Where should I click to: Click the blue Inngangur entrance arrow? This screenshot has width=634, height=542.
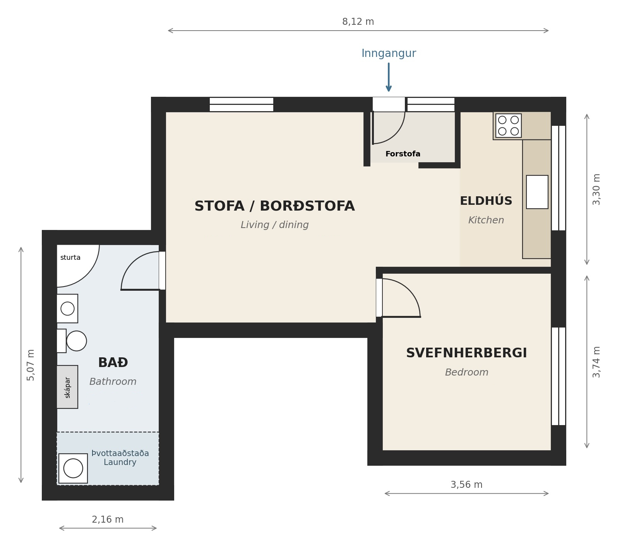click(x=389, y=77)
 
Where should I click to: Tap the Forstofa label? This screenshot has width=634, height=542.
click(x=403, y=154)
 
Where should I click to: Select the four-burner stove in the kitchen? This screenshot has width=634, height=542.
click(x=508, y=125)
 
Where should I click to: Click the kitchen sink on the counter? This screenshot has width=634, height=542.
click(x=537, y=192)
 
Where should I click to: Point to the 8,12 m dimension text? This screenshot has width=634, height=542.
click(x=358, y=22)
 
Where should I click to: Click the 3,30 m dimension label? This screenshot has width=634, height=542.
click(x=596, y=189)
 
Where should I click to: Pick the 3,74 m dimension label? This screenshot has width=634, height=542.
click(x=596, y=362)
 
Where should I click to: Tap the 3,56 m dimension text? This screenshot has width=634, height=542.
click(x=466, y=485)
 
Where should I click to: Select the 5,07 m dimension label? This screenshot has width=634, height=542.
click(x=31, y=365)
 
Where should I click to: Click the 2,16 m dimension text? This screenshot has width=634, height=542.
click(x=108, y=520)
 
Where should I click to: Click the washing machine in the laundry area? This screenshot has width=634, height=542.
click(x=73, y=468)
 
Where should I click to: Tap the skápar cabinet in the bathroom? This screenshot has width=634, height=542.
click(x=67, y=387)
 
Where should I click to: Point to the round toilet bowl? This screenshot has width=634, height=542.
click(x=77, y=341)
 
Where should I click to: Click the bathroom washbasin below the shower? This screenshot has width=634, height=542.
click(x=67, y=309)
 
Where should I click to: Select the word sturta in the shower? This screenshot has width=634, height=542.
click(x=70, y=258)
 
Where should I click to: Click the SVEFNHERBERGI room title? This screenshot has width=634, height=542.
click(x=466, y=353)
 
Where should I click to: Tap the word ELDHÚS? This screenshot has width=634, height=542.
click(x=486, y=201)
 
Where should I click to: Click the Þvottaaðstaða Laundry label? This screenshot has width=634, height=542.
click(x=120, y=458)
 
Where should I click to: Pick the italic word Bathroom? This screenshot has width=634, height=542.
click(x=113, y=382)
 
